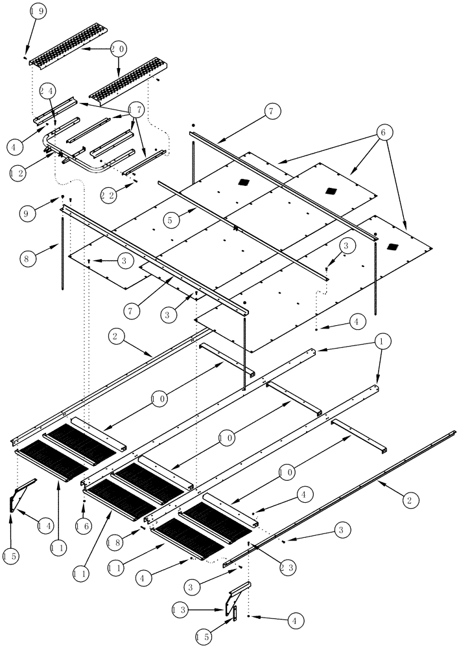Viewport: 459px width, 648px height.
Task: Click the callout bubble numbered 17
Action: [x=135, y=111]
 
